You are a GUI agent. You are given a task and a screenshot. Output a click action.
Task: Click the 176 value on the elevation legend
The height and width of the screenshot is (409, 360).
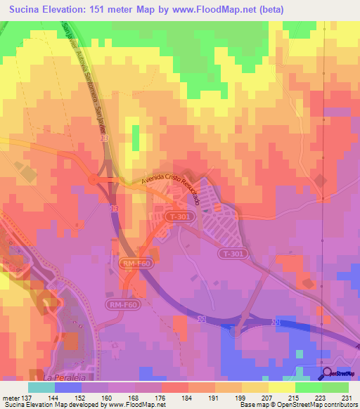tap(160, 397)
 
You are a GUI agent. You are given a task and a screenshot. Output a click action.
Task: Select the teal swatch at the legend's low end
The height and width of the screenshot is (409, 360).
tap(41, 387)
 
